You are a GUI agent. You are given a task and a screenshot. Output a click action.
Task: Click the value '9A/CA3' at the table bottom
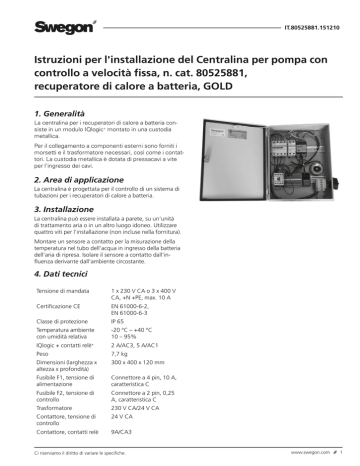point(152,431)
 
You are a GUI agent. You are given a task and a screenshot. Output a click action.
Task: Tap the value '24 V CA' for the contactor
point(152,417)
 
